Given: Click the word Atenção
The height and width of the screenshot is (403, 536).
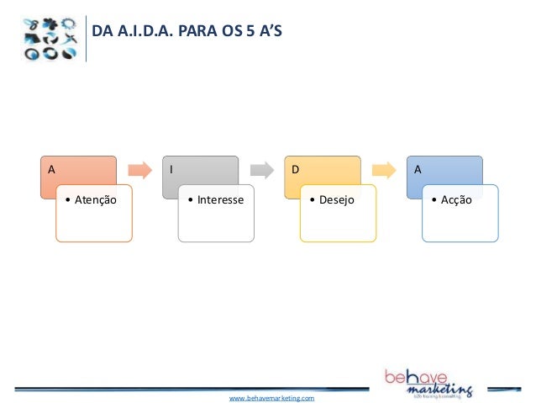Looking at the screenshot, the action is pos(95,200).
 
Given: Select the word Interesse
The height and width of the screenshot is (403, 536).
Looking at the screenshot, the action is pos(220,200).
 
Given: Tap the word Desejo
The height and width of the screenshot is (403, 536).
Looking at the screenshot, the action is pos(336,200).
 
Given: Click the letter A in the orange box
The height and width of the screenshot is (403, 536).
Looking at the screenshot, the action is pos(51,168).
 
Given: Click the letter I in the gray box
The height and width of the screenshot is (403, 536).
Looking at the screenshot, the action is pos(171,168).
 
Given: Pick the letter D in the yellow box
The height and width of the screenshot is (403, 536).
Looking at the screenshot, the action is pos(295,168).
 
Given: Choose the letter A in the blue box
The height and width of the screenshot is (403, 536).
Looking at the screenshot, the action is pos(417,168).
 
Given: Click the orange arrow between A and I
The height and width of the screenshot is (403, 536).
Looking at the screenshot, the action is pos(139,170).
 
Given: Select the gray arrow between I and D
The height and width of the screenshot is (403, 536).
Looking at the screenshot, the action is pos(261,170).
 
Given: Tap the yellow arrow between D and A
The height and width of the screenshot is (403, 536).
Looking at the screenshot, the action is pos(383,170).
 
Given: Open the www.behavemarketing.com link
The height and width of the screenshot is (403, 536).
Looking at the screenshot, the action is pos(271,396).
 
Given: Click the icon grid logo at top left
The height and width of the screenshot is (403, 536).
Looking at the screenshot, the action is pos(50,38).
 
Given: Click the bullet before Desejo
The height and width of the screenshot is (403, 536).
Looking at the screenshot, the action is pos(312,200).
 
